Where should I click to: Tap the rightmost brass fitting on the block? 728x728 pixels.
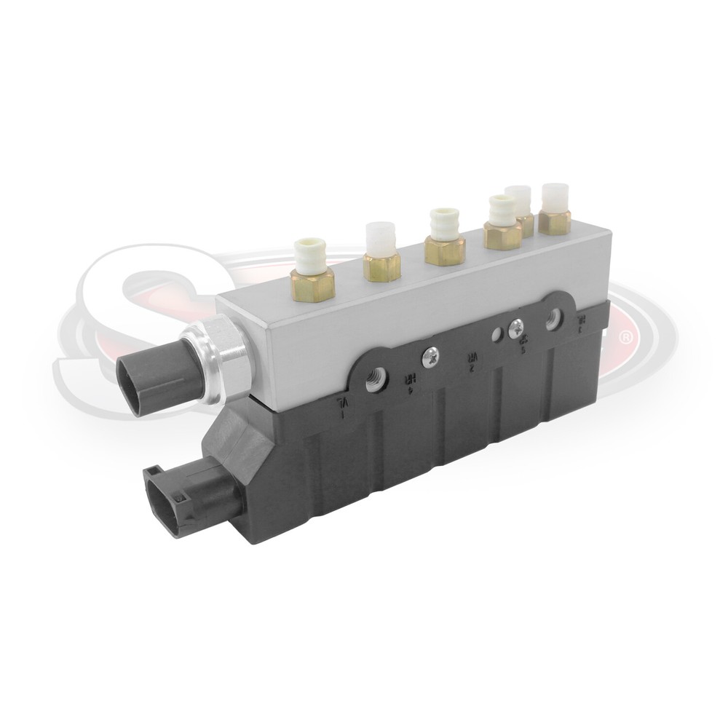[x=554, y=222]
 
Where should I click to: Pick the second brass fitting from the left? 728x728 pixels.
[x=381, y=266]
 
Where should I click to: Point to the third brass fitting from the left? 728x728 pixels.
[x=444, y=250]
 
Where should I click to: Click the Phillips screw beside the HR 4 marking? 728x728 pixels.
[x=430, y=356]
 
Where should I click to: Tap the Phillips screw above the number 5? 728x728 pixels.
[x=516, y=327]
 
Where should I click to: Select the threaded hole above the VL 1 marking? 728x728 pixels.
[x=376, y=379]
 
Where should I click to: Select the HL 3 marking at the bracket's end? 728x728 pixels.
[x=581, y=323]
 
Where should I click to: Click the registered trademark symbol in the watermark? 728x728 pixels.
[x=624, y=338]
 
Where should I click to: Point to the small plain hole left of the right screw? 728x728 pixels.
[x=496, y=335]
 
